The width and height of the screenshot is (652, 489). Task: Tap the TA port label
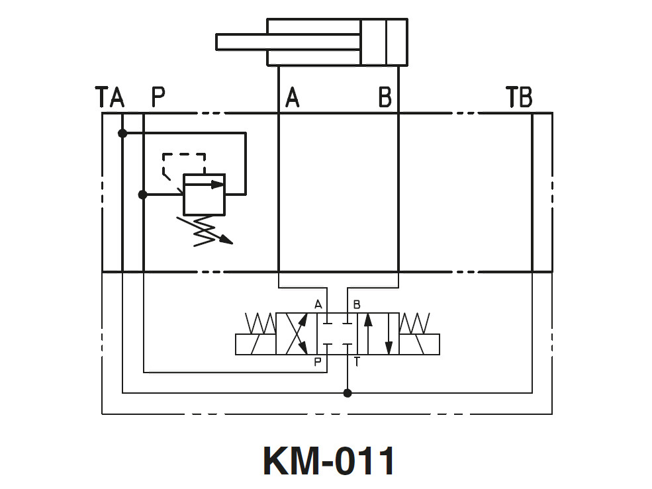pos(110,97)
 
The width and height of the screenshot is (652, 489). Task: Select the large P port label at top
pos(158,97)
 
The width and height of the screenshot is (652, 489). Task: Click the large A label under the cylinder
pos(292,97)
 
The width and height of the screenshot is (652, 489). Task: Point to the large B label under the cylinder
pos(385,97)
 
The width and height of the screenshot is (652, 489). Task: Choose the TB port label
pos(520,97)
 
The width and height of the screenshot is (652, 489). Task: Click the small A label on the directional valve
pos(318,304)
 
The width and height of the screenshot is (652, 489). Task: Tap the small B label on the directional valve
pos(357,304)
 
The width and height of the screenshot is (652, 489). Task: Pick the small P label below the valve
pos(318,361)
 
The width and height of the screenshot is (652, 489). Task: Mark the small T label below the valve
pos(357,361)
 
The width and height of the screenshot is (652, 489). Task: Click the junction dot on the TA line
pos(122,133)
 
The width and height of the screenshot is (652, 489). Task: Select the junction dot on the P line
pos(142,195)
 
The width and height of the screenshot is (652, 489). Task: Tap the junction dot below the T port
pos(348,393)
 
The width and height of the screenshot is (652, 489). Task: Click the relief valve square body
pos(204,195)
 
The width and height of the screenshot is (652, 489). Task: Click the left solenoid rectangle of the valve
pos(256,344)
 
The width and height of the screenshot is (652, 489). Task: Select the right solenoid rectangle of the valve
pos(420,344)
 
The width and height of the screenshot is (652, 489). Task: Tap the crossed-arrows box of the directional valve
pos(297,333)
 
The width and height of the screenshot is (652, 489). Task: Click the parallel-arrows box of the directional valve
pos(378,333)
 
